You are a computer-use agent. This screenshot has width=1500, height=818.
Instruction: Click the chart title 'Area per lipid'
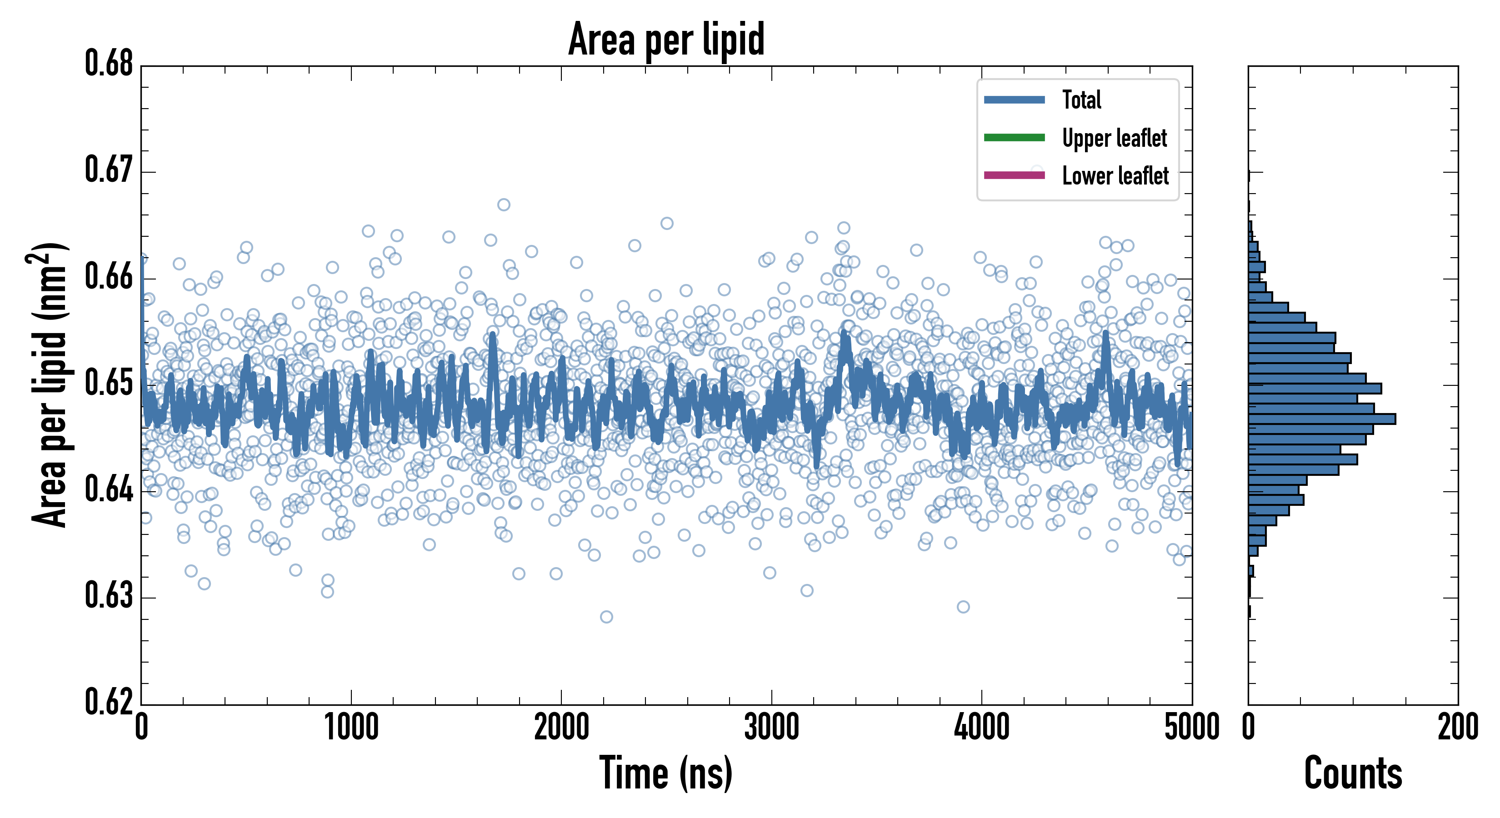[x=666, y=39]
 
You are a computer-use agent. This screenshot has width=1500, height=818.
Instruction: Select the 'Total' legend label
[x=1081, y=100]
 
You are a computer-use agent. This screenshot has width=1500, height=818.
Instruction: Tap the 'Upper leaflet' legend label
[x=1114, y=138]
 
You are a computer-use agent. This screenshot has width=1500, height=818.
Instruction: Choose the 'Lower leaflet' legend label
[x=1115, y=176]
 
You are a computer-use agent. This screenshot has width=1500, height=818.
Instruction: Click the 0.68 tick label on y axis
[x=109, y=64]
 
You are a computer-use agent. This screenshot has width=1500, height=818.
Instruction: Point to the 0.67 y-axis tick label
[x=109, y=170]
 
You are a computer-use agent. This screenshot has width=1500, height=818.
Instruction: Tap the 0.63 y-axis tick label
[x=109, y=596]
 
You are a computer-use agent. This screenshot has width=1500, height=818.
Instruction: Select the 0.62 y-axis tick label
[x=109, y=702]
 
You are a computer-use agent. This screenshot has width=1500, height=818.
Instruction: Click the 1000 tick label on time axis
[x=351, y=728]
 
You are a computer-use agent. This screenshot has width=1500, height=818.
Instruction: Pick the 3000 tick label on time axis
[x=771, y=728]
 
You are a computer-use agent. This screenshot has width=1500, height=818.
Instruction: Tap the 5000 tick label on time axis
[x=1191, y=728]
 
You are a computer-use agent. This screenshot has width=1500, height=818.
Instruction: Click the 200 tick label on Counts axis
[x=1457, y=728]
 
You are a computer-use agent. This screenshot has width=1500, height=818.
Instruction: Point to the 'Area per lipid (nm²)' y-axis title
[x=50, y=385]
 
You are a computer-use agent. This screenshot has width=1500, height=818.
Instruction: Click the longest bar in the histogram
[x=1321, y=419]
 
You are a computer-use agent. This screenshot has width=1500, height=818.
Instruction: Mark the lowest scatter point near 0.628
[x=606, y=617]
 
